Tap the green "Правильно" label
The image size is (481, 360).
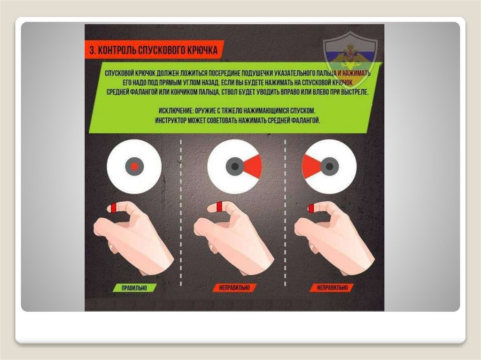coord(134,288)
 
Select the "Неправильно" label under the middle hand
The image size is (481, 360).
coord(234,288)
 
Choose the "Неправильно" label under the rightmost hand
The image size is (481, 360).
coord(332,288)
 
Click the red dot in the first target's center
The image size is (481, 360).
coord(134,167)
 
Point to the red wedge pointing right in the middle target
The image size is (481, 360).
coord(253,167)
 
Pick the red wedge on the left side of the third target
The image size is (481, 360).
coord(312,167)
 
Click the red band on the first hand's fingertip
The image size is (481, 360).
coord(114,207)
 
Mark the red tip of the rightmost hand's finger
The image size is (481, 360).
coord(311,208)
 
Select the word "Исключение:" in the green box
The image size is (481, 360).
coord(175,111)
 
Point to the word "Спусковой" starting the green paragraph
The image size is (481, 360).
coord(118,74)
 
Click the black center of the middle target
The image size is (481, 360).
coord(235,167)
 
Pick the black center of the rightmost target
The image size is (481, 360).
coord(330,167)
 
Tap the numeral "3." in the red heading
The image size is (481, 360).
coord(93,50)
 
